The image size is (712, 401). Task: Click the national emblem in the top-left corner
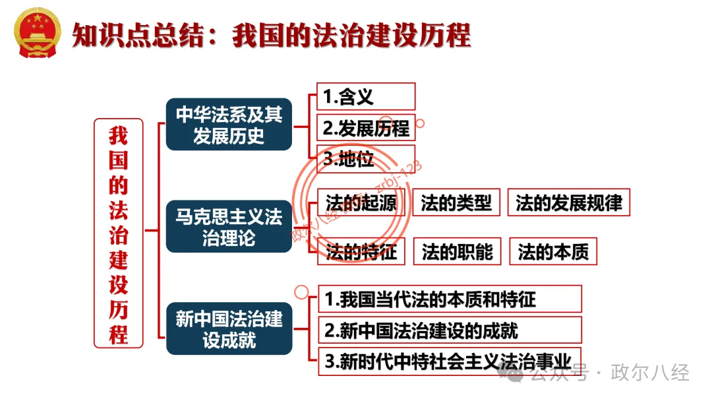pyautogui.click(x=37, y=33)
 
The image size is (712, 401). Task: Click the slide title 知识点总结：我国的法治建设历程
pyautogui.click(x=270, y=34)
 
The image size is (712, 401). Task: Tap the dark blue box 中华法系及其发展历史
pyautogui.click(x=228, y=125)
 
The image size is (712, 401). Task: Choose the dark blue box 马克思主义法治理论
pyautogui.click(x=228, y=226)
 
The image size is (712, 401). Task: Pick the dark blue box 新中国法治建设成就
pyautogui.click(x=228, y=329)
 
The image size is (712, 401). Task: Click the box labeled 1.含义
pyautogui.click(x=365, y=96)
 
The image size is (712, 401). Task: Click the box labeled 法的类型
pyautogui.click(x=456, y=202)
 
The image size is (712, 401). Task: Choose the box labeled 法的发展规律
pyautogui.click(x=568, y=202)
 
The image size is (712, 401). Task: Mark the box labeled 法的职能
pyautogui.click(x=456, y=251)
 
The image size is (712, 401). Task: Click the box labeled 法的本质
pyautogui.click(x=552, y=251)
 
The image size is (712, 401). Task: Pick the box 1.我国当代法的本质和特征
pyautogui.click(x=449, y=299)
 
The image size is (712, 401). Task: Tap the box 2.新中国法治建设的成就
pyautogui.click(x=449, y=330)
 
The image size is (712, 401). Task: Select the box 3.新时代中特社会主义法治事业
pyautogui.click(x=449, y=361)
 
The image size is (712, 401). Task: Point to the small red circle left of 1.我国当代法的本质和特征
pyautogui.click(x=301, y=290)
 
